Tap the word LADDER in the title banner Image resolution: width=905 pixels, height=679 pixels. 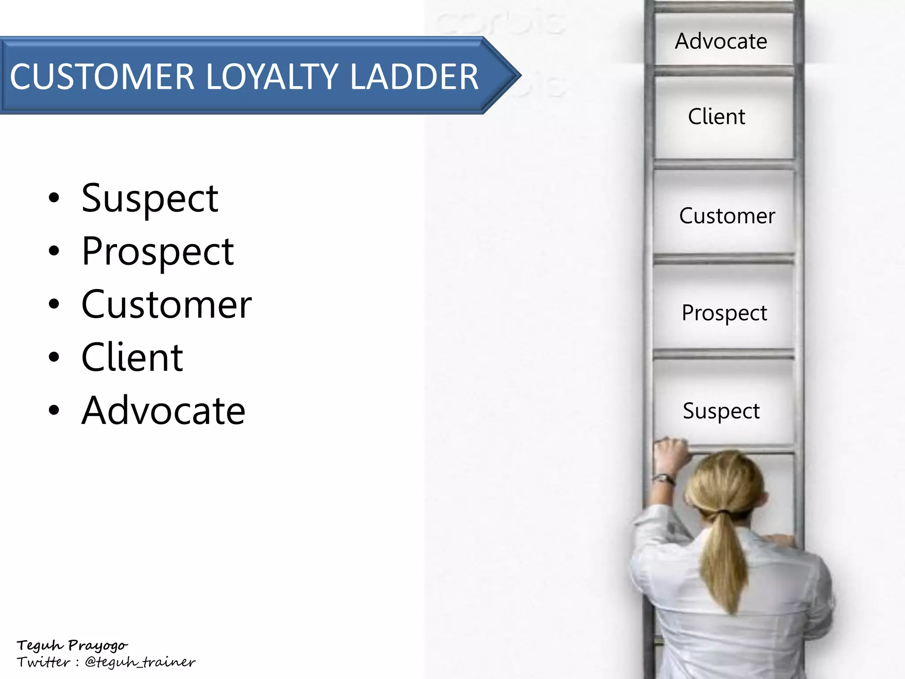point(414,77)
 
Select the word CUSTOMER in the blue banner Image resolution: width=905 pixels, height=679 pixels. point(102,77)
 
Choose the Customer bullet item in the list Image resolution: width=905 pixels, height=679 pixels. point(166,305)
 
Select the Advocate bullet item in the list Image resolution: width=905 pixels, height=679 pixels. point(163,411)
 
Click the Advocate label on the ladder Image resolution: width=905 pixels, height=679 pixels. point(721,42)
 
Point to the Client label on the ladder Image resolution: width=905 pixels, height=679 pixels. point(716,117)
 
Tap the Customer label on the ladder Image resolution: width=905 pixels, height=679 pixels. point(727,216)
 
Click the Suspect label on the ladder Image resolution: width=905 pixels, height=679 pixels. point(721,411)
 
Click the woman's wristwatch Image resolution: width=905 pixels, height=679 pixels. point(664,478)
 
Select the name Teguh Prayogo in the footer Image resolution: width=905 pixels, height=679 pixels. point(72,645)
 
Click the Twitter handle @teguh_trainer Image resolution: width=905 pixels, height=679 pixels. point(140,662)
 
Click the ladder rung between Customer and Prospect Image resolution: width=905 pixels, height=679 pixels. point(723,259)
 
